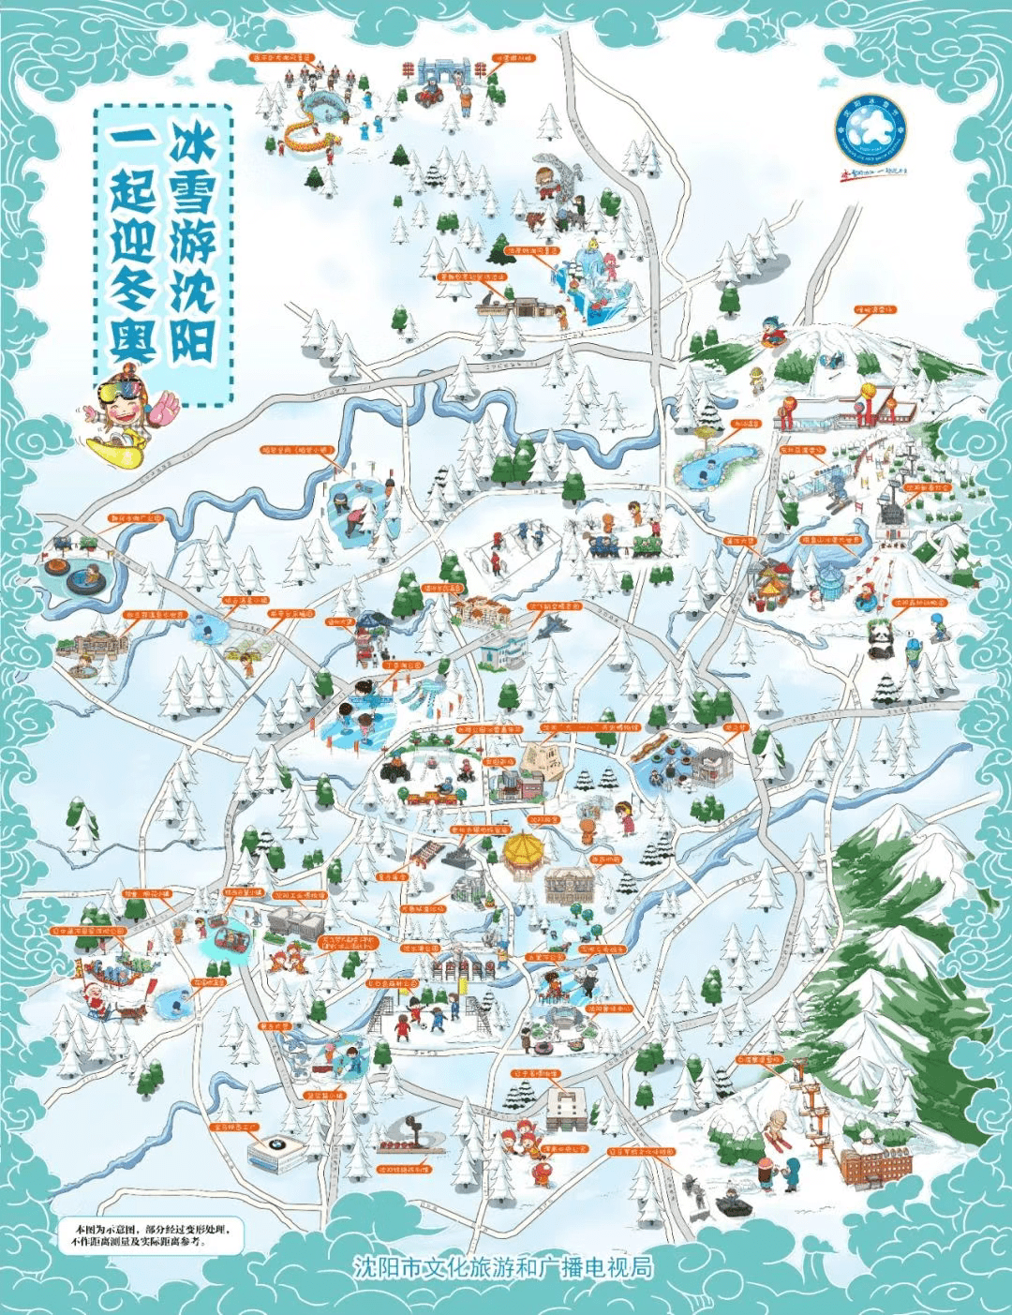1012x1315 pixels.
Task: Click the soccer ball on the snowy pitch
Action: coord(423,1024)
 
